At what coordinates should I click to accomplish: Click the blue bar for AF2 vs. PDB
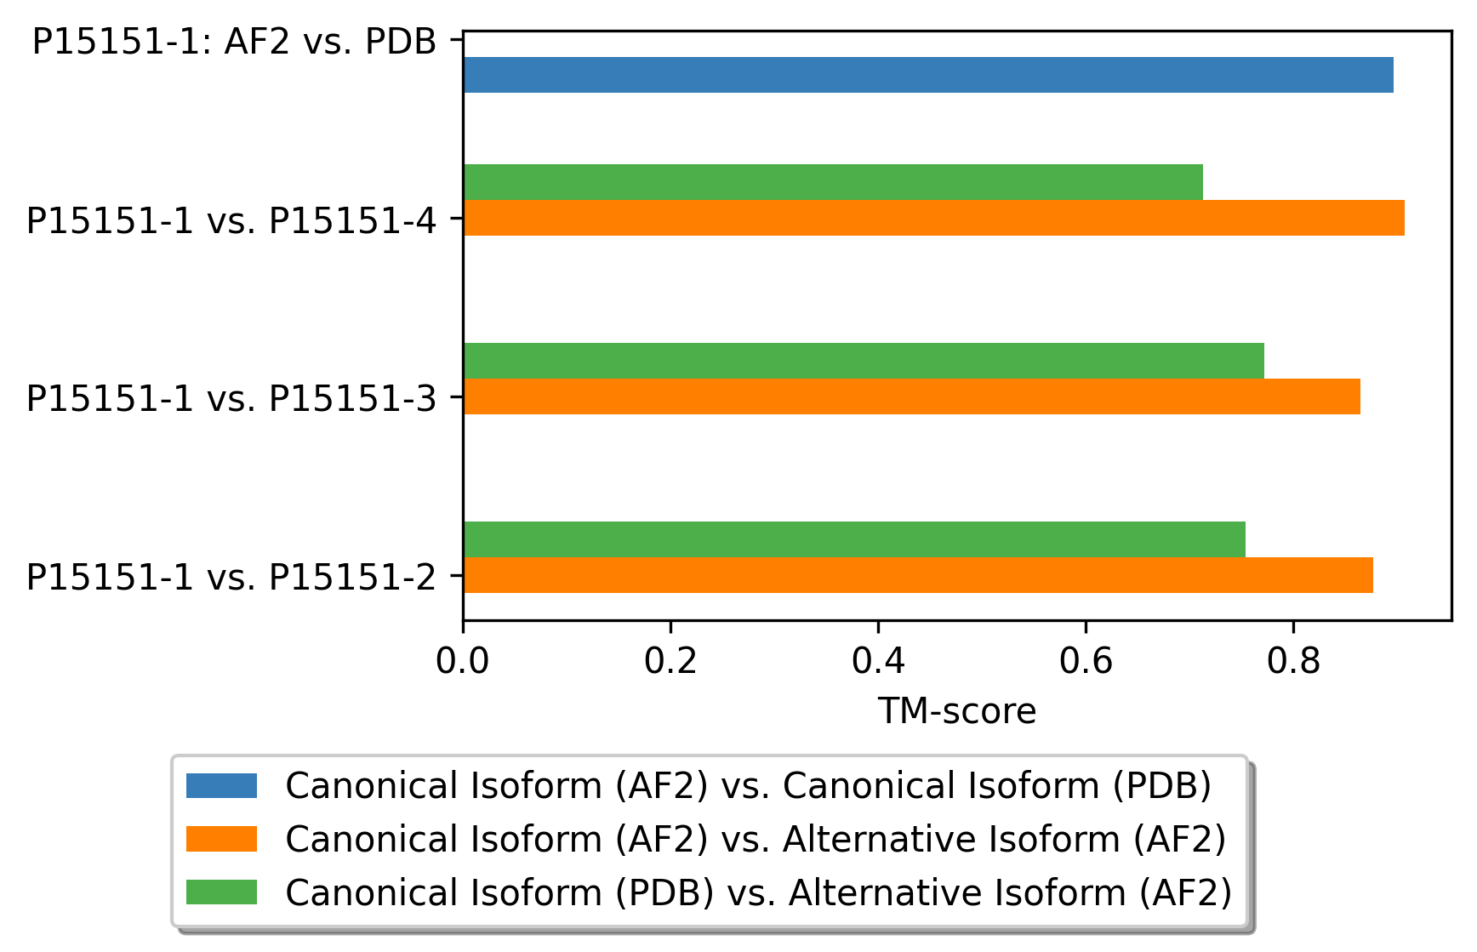(928, 75)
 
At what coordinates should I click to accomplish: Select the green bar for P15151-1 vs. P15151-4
(833, 182)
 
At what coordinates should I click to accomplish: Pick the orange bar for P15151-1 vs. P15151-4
(934, 218)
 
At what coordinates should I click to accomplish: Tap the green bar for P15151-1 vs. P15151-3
(864, 361)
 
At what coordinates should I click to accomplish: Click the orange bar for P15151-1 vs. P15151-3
(912, 396)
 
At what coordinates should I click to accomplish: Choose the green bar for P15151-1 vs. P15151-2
(854, 539)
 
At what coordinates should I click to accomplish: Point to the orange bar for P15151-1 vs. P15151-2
(918, 575)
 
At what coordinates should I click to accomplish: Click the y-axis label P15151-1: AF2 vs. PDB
(235, 41)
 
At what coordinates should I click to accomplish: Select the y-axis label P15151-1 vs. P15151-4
(231, 220)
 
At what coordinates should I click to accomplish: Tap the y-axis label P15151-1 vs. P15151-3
(231, 398)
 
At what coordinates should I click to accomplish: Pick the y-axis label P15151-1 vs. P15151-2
(231, 577)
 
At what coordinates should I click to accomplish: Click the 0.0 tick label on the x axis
(463, 660)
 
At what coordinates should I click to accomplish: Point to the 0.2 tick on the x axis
(670, 660)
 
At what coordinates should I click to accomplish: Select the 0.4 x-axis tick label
(878, 660)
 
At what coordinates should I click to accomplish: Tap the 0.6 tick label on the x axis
(1086, 660)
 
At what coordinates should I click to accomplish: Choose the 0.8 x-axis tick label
(1293, 660)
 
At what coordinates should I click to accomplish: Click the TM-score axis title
(957, 711)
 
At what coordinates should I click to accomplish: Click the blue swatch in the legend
(221, 785)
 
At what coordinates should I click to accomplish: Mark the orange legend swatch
(221, 839)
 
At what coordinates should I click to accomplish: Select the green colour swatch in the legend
(221, 892)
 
